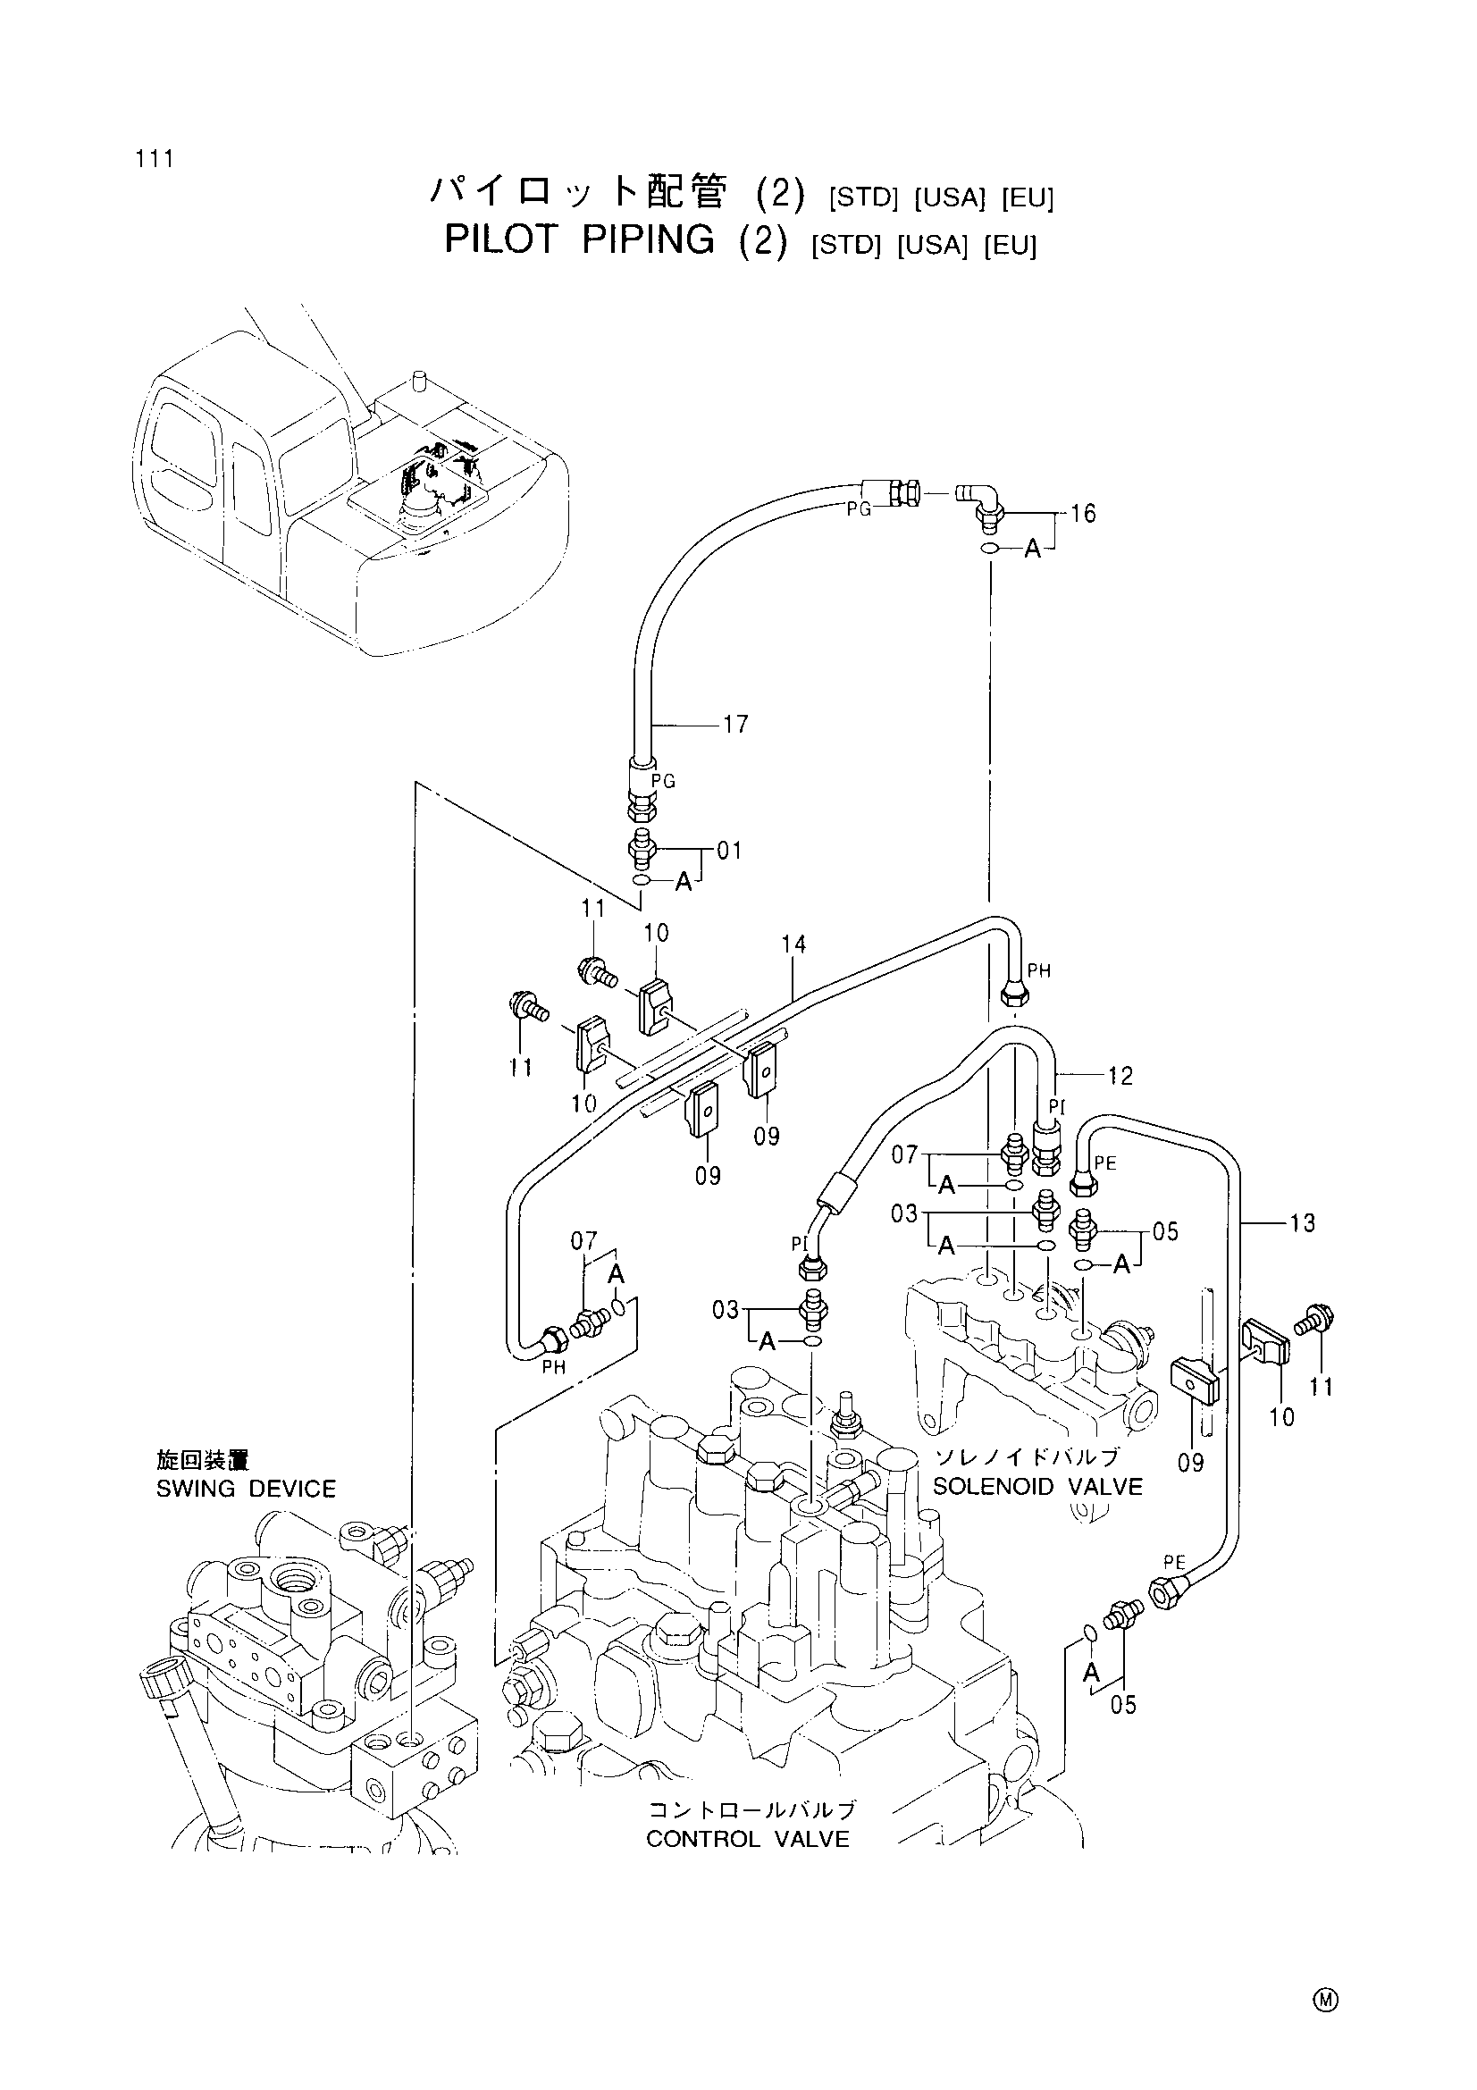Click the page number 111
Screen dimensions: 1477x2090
click(x=155, y=158)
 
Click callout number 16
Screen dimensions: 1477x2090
click(x=1083, y=515)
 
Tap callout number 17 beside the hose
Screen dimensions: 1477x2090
click(x=735, y=725)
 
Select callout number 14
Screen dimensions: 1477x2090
click(x=793, y=944)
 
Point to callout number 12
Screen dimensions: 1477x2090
click(x=1120, y=1076)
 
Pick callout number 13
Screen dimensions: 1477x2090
click(x=1302, y=1223)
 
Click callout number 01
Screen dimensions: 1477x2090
click(x=730, y=852)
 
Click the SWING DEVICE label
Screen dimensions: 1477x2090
click(x=247, y=1490)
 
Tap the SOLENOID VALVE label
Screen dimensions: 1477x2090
click(x=1037, y=1487)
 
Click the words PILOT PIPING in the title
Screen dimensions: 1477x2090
click(x=580, y=239)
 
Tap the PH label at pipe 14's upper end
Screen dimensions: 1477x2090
click(x=1038, y=971)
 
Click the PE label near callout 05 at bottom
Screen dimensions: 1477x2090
click(x=1175, y=1562)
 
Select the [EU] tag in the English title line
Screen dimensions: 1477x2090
click(x=1011, y=246)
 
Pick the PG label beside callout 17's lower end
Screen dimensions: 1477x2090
click(x=663, y=781)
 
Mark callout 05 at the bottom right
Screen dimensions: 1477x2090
click(x=1124, y=1705)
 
